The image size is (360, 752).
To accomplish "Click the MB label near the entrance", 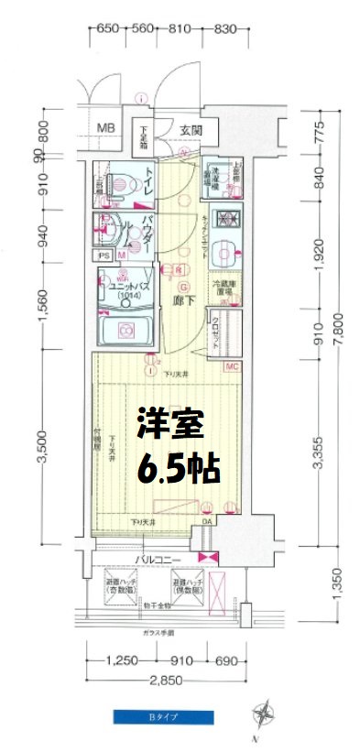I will (x=106, y=127).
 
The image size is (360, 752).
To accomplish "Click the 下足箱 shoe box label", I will (x=145, y=137).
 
